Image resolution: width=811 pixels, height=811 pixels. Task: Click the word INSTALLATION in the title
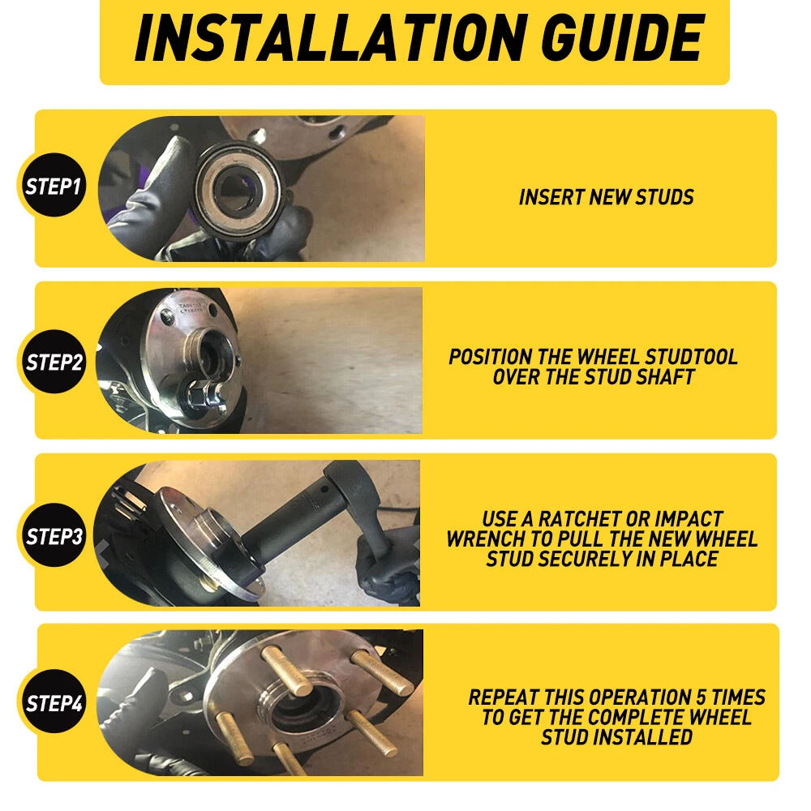[331, 38]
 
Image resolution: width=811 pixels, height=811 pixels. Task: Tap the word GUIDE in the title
[623, 38]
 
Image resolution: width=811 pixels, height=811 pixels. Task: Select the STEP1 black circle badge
[54, 185]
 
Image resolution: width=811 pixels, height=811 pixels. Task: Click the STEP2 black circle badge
[54, 362]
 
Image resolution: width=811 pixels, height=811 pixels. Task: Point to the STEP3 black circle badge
[54, 535]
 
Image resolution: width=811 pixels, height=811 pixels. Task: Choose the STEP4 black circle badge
[54, 702]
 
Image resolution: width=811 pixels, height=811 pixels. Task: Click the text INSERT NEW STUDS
[606, 197]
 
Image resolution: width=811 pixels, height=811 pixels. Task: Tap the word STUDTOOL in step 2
[691, 357]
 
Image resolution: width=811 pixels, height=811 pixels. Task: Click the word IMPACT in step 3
[689, 519]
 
